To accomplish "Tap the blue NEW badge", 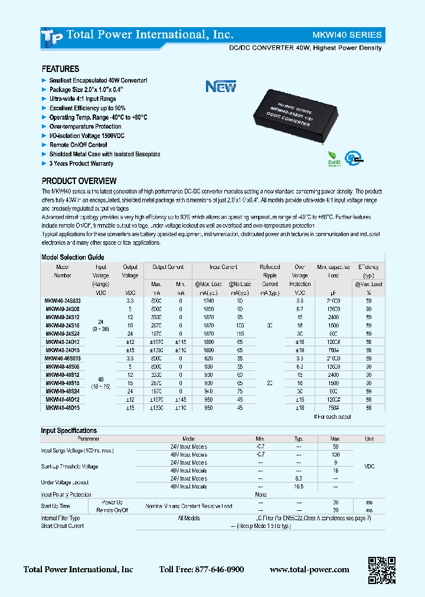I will coord(221,87).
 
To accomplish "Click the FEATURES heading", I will coord(60,69).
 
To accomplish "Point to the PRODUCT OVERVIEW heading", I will coord(79,181).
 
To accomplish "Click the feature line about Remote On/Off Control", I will coord(78,145).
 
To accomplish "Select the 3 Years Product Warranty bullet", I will coord(81,163).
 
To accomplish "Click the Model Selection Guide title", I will coord(73,257).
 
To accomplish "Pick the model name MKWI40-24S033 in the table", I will coord(63,301).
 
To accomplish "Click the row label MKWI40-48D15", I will coord(63,407).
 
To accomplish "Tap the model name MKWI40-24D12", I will coord(63,341).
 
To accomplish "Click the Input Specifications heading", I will coord(68,431).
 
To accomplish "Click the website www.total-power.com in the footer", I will coord(309,570).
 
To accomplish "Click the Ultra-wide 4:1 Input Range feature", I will coord(82,99).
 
